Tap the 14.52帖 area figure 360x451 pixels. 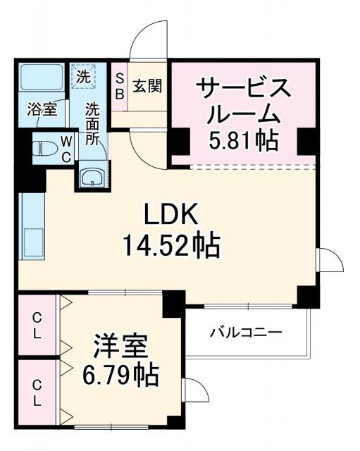pos(171,245)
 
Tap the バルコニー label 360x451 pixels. pos(245,331)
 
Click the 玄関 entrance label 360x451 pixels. pos(147,87)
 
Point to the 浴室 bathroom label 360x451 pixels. pos(42,109)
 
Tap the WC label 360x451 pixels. pos(65,149)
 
